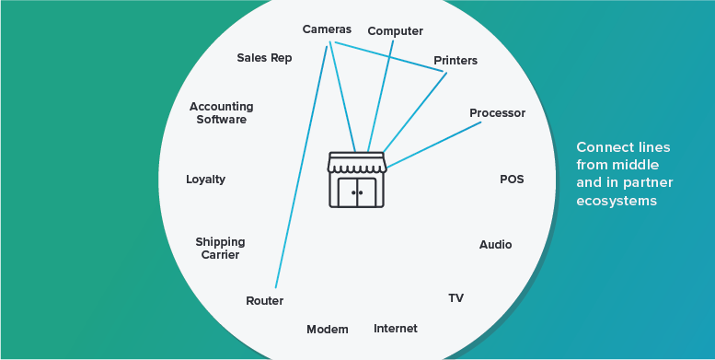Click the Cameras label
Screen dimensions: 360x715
[x=327, y=29]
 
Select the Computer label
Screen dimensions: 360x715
[x=395, y=31]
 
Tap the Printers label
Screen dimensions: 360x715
[x=456, y=61]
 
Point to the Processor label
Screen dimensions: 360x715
[x=497, y=113]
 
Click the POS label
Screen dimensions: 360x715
[x=512, y=180]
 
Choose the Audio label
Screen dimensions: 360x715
[x=495, y=245]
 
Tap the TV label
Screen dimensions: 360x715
[x=456, y=298]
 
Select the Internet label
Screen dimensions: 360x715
[x=395, y=329]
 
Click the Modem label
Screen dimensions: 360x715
[x=328, y=330]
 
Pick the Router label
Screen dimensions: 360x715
[x=264, y=301]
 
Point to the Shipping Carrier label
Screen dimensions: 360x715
[x=220, y=249]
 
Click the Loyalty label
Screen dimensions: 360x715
[x=205, y=180]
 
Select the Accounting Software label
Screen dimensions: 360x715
[x=221, y=113]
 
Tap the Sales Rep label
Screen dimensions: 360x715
[x=264, y=58]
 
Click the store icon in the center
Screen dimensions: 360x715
[x=358, y=180]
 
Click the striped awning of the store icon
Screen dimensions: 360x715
[x=358, y=163]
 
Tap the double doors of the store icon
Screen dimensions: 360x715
[x=358, y=192]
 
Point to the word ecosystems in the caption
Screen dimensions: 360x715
[x=616, y=202]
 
